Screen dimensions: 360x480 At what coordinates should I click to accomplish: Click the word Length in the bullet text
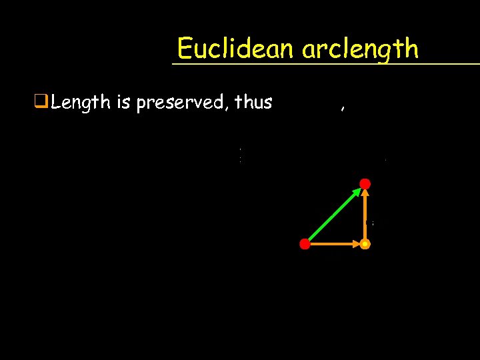[80, 103]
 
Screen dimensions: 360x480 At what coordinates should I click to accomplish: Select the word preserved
[179, 103]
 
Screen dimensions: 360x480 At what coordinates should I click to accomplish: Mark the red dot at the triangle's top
[365, 183]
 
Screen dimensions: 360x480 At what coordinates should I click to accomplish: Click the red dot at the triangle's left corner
[305, 244]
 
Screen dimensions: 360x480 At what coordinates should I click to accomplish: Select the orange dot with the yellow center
[365, 244]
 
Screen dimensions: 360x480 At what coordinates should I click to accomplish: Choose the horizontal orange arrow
[333, 245]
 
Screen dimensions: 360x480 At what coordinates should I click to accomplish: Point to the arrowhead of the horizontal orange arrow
[356, 245]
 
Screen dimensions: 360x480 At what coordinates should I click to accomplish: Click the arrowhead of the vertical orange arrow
[365, 193]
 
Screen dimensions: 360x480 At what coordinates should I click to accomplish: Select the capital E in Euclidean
[185, 49]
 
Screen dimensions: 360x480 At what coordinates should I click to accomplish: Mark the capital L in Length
[57, 102]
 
